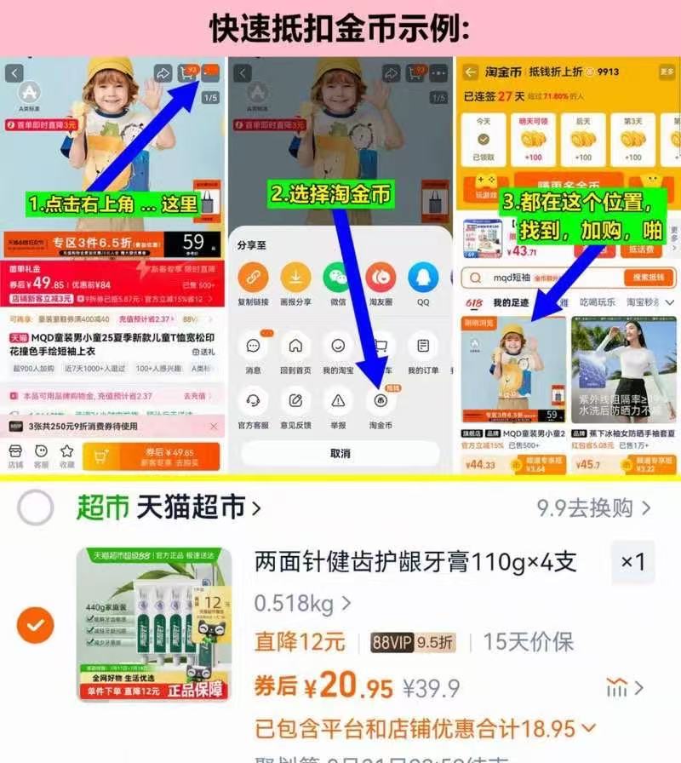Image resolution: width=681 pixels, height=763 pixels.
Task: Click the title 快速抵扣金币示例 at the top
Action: (340, 28)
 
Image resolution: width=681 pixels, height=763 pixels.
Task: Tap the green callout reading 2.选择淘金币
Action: (331, 194)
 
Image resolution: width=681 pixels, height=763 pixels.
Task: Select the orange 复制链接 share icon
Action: (253, 278)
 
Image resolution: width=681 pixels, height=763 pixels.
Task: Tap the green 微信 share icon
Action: (337, 278)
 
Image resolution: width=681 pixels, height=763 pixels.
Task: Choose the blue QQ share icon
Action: (423, 278)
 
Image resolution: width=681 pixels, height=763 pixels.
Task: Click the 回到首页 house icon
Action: (295, 347)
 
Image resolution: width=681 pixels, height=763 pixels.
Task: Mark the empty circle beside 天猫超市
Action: (36, 508)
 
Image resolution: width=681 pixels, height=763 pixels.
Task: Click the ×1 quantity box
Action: (632, 562)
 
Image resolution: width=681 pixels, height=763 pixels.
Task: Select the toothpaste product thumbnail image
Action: (153, 624)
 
